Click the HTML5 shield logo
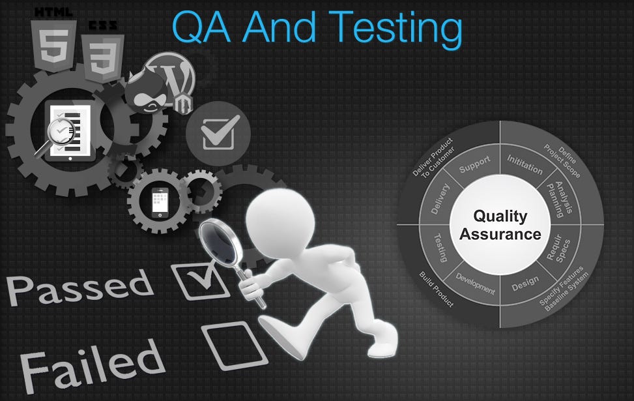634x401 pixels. tap(54, 46)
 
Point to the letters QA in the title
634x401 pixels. tap(201, 27)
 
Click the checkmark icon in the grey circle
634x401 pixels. tap(218, 133)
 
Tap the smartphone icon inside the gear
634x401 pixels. tap(160, 202)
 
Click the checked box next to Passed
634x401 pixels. tap(201, 280)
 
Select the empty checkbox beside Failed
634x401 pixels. tap(234, 346)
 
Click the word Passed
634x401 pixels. tap(79, 288)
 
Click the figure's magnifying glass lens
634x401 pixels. tap(218, 241)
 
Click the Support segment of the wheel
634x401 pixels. tap(474, 164)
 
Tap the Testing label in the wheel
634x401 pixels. tap(440, 248)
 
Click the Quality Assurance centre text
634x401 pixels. tap(500, 225)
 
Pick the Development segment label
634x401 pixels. tap(475, 284)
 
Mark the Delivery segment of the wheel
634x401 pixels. tap(440, 198)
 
